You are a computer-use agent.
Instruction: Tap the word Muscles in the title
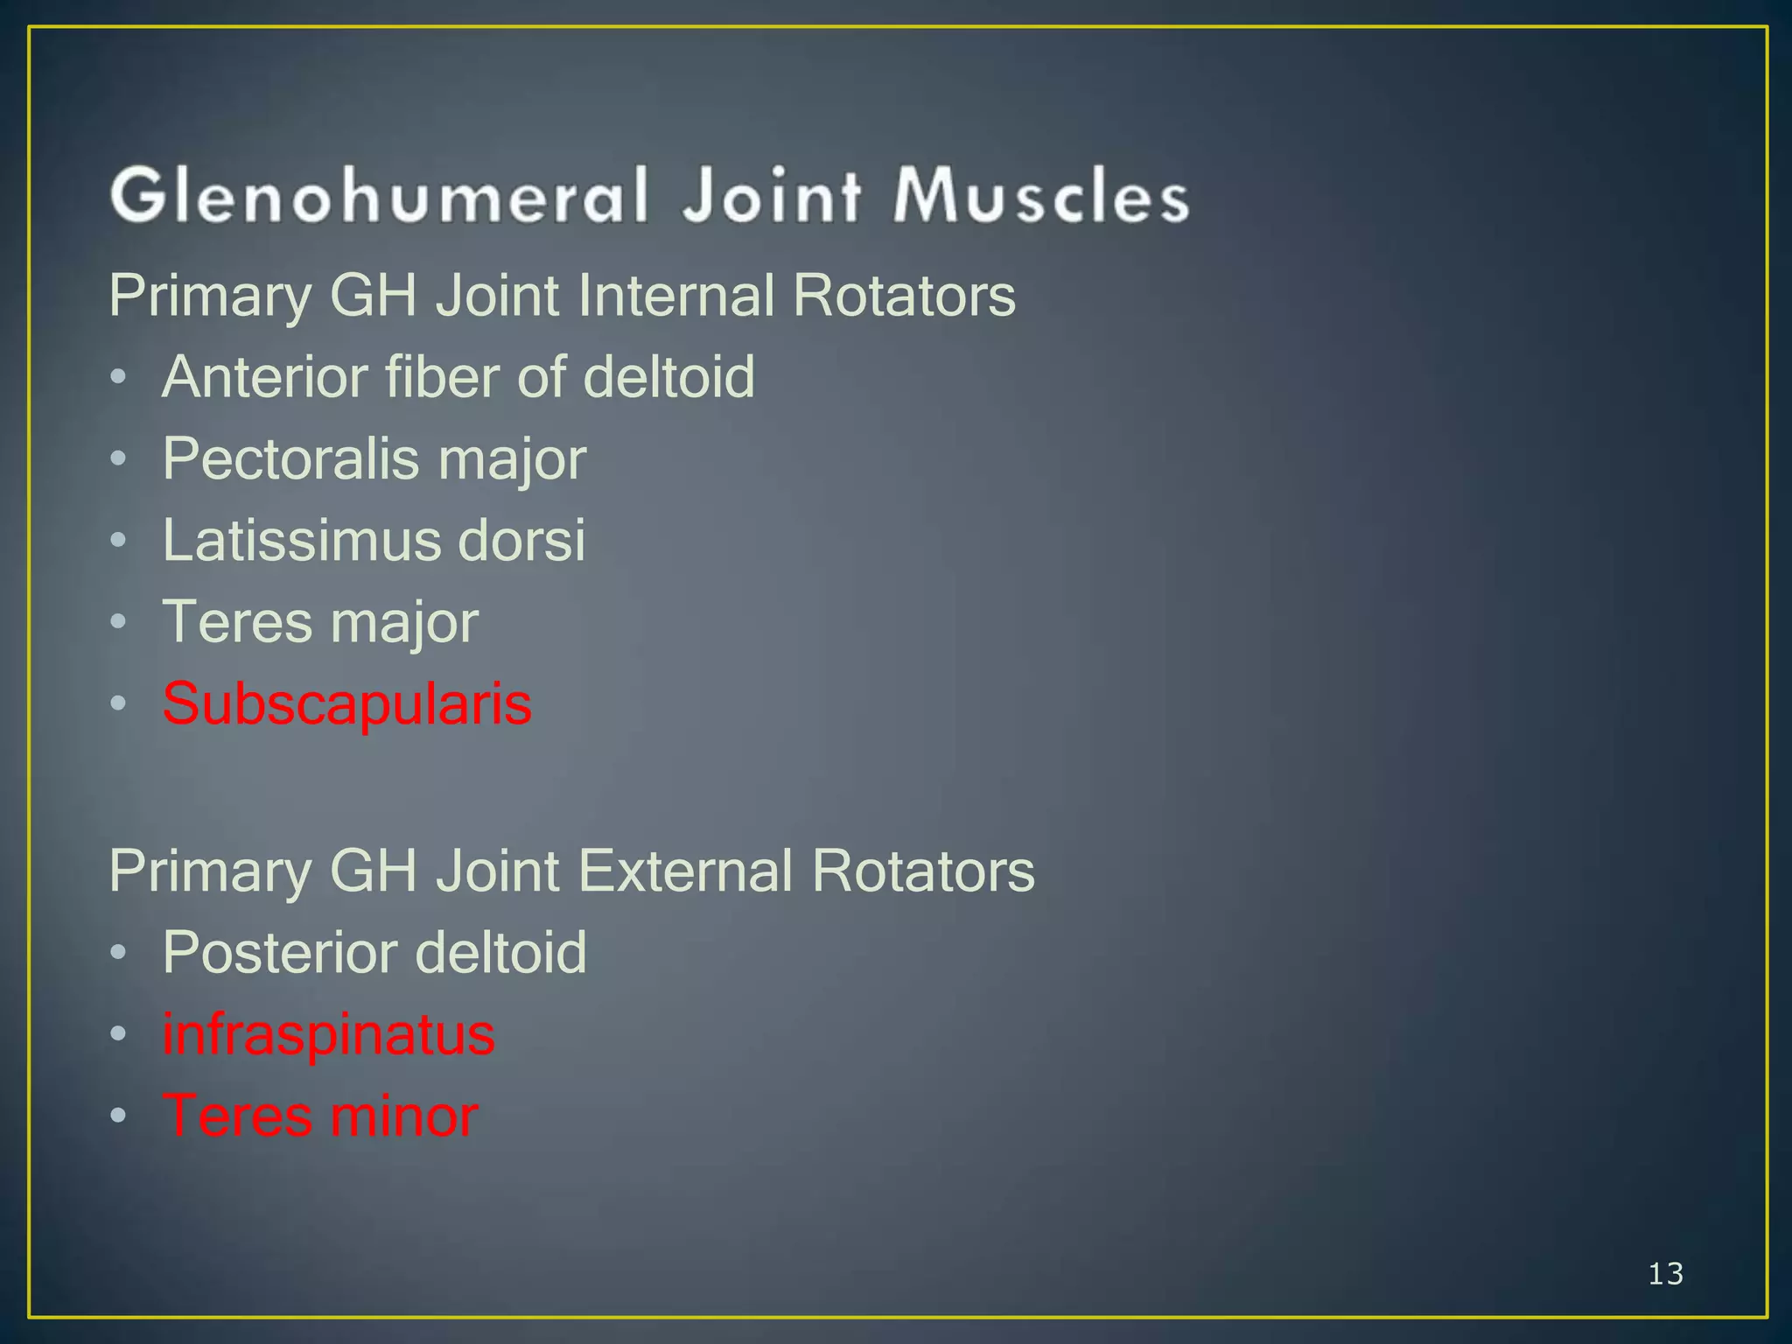click(1040, 194)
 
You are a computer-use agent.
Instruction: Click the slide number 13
click(1665, 1274)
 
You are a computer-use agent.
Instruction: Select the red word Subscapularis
click(346, 703)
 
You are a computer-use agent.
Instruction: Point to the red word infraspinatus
click(328, 1034)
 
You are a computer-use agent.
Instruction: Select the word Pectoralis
click(290, 458)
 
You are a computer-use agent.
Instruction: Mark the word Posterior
click(277, 952)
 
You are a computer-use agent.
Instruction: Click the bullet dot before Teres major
click(119, 622)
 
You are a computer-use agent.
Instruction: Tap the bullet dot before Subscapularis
click(119, 703)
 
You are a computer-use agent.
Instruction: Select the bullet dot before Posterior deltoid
click(119, 952)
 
